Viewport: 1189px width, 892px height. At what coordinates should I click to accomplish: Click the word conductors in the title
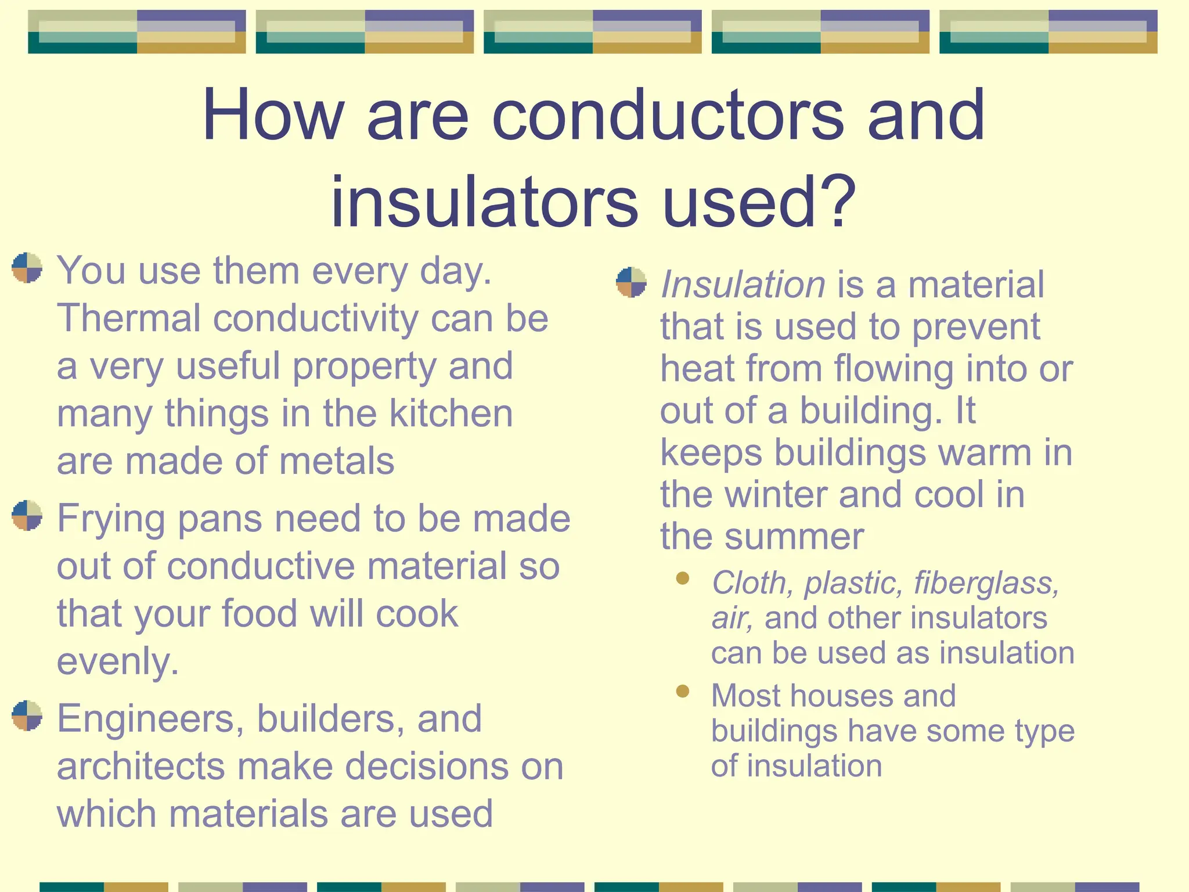668,115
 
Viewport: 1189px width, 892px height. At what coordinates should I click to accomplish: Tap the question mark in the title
836,202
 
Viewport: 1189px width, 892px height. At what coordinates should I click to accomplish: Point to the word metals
337,461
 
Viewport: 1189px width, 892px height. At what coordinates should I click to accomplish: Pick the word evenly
117,661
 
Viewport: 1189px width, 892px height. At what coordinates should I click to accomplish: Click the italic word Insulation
743,285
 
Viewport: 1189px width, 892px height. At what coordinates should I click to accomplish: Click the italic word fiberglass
986,583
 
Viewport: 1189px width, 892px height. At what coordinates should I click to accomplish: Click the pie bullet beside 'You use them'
27,268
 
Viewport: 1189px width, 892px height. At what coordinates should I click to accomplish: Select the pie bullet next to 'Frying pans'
27,515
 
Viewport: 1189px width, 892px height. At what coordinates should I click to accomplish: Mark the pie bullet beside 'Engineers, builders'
27,715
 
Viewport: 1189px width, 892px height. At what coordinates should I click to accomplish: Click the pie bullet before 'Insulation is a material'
631,282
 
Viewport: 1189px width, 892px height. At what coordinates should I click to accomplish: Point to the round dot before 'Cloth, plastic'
683,578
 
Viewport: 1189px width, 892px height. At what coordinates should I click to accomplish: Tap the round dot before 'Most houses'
683,691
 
